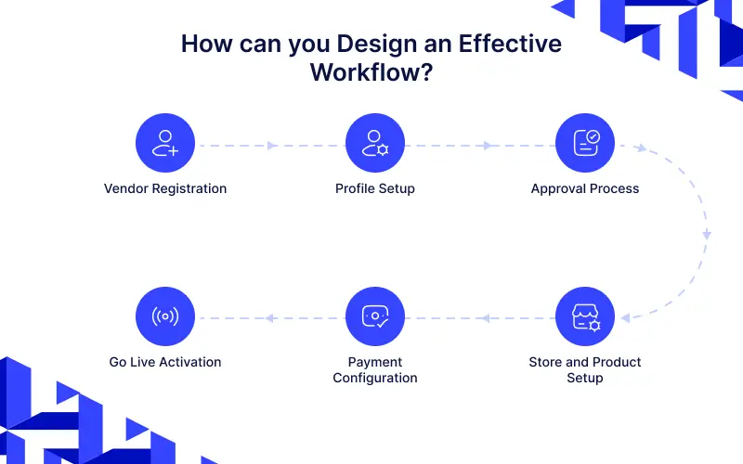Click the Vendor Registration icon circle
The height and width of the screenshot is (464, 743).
tap(165, 144)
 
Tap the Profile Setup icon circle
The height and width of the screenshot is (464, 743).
tap(375, 144)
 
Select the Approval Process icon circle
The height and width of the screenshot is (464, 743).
tap(585, 144)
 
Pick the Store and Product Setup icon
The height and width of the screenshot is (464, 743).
tap(585, 316)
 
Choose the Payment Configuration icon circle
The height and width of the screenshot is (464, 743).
tap(375, 316)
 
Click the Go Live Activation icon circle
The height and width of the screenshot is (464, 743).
tap(165, 316)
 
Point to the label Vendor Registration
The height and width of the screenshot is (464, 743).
tap(165, 188)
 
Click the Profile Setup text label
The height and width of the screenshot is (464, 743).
tap(375, 188)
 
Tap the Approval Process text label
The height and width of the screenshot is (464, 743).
tap(585, 188)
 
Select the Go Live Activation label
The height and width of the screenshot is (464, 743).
tap(165, 362)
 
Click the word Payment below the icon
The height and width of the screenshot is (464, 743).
tap(375, 362)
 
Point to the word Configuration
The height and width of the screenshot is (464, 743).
tap(375, 378)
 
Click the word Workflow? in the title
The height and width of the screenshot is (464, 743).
tap(371, 71)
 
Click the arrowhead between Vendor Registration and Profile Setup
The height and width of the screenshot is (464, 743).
tap(272, 146)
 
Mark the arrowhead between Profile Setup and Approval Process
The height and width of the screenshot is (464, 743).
tap(487, 146)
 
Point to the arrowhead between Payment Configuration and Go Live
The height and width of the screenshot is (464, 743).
tap(268, 318)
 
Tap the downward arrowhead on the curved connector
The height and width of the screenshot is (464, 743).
tap(707, 235)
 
